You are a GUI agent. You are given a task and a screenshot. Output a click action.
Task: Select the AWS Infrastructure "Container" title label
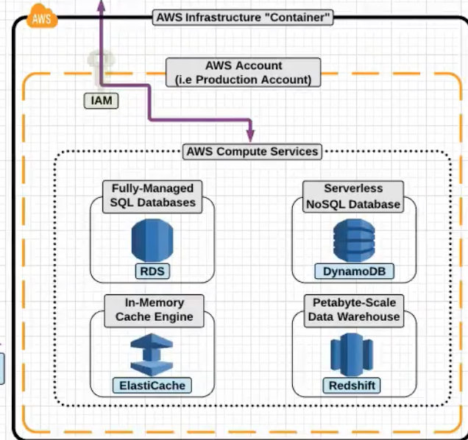point(243,18)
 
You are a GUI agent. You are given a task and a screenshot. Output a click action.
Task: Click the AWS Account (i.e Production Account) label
point(244,72)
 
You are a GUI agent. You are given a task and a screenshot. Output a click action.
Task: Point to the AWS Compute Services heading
point(252,152)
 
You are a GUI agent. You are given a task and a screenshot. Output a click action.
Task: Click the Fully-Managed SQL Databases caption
point(153,196)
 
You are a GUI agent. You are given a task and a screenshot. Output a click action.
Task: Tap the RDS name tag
point(153,272)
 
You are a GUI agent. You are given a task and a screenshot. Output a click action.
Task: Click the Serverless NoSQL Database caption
point(352,196)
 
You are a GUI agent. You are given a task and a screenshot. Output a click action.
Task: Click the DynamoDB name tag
point(353,272)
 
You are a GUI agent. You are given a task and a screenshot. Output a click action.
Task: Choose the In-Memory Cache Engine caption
point(154,310)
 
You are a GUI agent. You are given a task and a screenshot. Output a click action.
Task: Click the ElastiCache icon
point(152,354)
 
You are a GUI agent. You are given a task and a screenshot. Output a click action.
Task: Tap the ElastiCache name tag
point(152,385)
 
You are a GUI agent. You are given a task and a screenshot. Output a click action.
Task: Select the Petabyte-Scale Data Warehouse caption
point(354,310)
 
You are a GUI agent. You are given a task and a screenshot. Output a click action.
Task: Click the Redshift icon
point(353,354)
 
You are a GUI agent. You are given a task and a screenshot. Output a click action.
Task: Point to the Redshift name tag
point(353,385)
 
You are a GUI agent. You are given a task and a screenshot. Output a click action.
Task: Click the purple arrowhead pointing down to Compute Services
point(250,135)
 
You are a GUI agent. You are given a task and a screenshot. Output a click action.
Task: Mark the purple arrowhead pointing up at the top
point(101,5)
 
